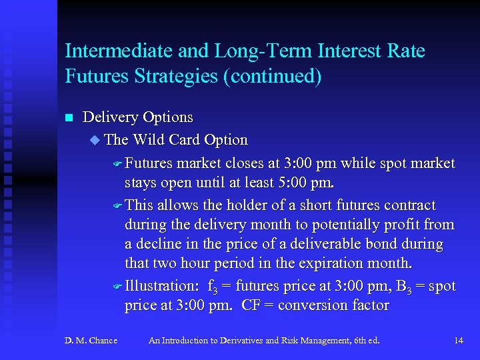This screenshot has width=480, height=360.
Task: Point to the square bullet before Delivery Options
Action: click(68, 118)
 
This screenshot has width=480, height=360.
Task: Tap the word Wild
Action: click(150, 140)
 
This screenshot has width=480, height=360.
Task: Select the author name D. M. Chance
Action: click(91, 341)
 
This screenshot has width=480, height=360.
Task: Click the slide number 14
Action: click(458, 341)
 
